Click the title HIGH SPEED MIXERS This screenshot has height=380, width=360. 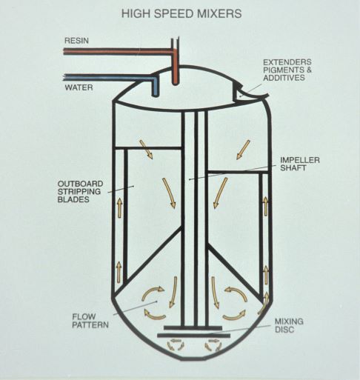pyautogui.click(x=181, y=13)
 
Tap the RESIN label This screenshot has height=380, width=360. pyautogui.click(x=76, y=41)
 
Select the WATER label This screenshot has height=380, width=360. pyautogui.click(x=79, y=87)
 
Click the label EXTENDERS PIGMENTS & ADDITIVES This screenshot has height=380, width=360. pyautogui.click(x=287, y=70)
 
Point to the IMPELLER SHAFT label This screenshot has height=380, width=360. pyautogui.click(x=300, y=164)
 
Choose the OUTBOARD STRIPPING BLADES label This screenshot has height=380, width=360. pyautogui.click(x=80, y=191)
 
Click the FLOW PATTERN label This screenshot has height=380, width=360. pyautogui.click(x=90, y=321)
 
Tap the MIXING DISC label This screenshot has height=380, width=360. pyautogui.click(x=289, y=325)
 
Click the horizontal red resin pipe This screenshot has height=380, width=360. pyautogui.click(x=118, y=52)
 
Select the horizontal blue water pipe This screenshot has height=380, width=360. pyautogui.click(x=109, y=77)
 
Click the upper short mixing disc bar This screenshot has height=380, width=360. pyautogui.click(x=193, y=327)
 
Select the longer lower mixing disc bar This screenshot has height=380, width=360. pyautogui.click(x=193, y=336)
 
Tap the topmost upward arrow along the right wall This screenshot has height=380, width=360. pyautogui.click(x=266, y=206)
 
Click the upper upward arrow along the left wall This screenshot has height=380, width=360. pyautogui.click(x=119, y=207)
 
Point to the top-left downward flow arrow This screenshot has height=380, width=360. pyautogui.click(x=146, y=149)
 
